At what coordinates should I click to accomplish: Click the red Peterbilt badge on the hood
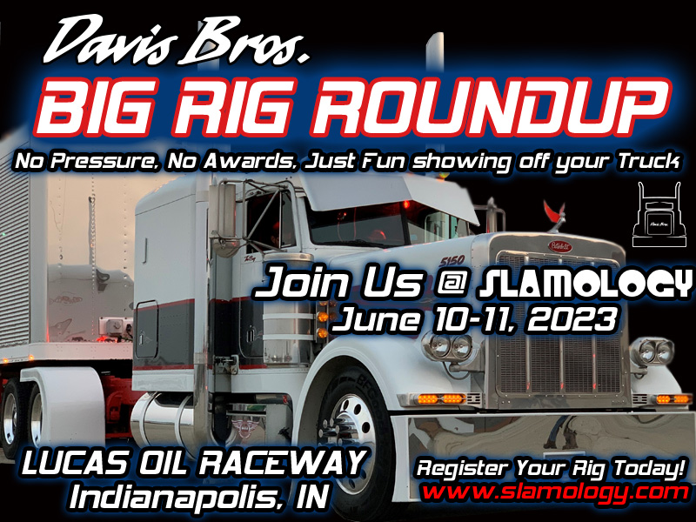pyautogui.click(x=559, y=245)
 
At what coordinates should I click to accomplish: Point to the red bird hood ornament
pyautogui.click(x=552, y=211)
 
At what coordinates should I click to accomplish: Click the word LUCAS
pyautogui.click(x=69, y=464)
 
